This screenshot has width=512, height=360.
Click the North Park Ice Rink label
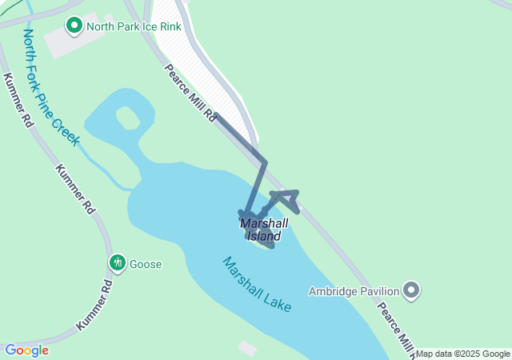(x=135, y=26)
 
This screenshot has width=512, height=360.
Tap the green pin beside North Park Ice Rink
(x=74, y=26)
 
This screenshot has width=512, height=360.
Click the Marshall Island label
(x=263, y=230)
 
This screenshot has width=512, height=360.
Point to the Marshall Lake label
(x=257, y=285)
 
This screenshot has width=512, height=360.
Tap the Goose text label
(x=146, y=264)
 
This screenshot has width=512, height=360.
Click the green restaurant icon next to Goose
(x=118, y=263)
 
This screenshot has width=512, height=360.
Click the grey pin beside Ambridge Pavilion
(x=412, y=290)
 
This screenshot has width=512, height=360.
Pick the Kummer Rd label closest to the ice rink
(x=18, y=100)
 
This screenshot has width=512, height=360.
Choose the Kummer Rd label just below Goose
(x=95, y=306)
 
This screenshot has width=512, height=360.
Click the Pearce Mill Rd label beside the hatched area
(x=190, y=93)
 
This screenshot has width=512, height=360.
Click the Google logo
(x=26, y=350)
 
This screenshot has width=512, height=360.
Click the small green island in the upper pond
(x=128, y=118)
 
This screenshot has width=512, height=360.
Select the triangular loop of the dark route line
(x=286, y=199)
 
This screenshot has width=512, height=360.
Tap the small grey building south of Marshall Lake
(x=247, y=348)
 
